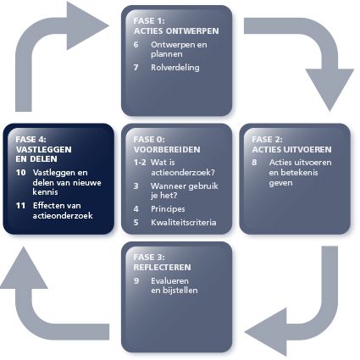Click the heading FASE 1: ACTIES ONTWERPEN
[x=176, y=26]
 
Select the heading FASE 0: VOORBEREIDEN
[x=167, y=144]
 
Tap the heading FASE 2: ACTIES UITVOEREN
[x=291, y=144]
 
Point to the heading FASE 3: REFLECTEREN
[x=162, y=262]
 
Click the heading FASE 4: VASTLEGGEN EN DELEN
[x=43, y=149]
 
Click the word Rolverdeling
[x=175, y=68]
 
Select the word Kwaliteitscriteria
[x=184, y=223]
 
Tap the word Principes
[x=168, y=209]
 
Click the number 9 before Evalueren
[x=136, y=281]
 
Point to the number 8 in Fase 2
[x=254, y=163]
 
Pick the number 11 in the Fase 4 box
[x=20, y=206]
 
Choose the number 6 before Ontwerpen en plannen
[x=136, y=45]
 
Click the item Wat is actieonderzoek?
[x=183, y=168]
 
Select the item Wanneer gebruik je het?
[x=185, y=191]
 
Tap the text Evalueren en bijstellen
[x=174, y=285]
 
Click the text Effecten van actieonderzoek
[x=63, y=210]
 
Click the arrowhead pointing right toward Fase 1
[x=87, y=26]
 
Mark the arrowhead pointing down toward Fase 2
[x=330, y=90]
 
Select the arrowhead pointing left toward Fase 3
[x=266, y=332]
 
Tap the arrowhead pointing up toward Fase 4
[x=24, y=268]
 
